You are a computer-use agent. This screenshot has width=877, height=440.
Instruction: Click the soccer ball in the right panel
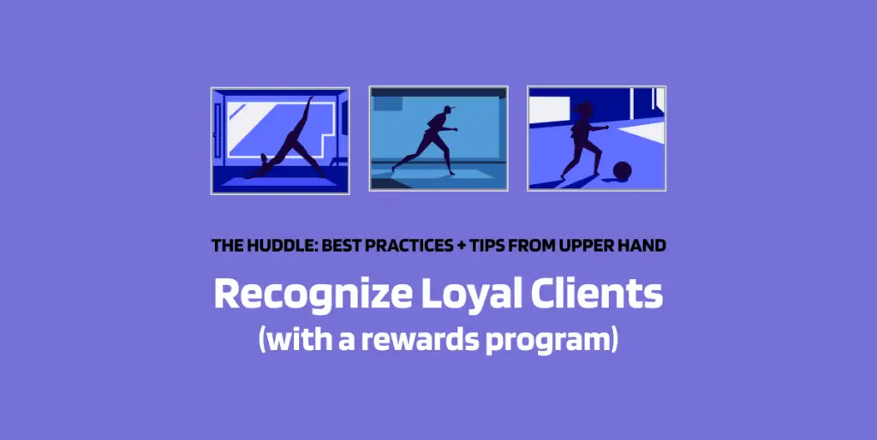coord(622,170)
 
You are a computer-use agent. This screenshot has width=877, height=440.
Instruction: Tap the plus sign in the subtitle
coord(461,246)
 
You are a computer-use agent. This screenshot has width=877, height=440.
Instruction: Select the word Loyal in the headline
coord(473,295)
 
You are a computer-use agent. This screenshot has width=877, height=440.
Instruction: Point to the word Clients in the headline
coord(597,294)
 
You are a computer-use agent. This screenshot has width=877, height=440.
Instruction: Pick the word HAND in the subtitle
coord(639,246)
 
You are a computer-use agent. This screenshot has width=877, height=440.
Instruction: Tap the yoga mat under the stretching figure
coord(280,181)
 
